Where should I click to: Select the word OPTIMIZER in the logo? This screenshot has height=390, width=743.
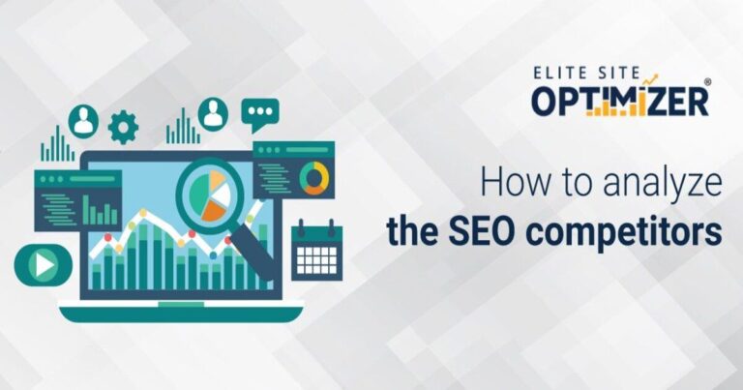[620, 100]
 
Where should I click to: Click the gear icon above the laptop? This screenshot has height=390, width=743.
[123, 127]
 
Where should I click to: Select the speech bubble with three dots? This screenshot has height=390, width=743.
[259, 115]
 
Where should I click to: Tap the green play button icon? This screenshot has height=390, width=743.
[43, 263]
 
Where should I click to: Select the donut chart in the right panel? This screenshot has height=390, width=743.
[312, 177]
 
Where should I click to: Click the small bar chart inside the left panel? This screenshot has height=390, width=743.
[100, 208]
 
